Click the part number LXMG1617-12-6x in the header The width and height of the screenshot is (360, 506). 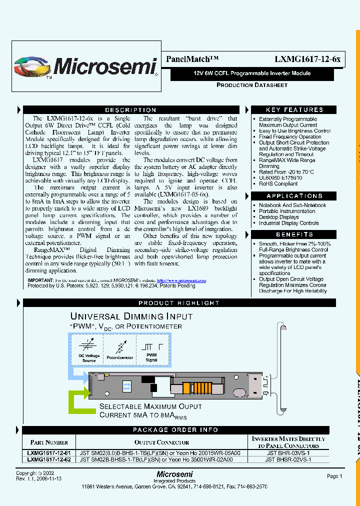[307, 59]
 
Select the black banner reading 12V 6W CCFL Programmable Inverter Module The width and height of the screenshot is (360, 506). [252, 73]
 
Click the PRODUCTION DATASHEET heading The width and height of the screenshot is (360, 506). [252, 85]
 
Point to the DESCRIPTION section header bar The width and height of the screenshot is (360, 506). [130, 110]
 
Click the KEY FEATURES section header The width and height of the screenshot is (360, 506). [294, 110]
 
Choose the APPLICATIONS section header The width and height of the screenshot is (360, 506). [294, 196]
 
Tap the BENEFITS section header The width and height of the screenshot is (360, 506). [294, 234]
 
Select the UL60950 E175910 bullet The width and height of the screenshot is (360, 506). [280, 177]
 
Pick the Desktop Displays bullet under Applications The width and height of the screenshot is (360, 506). [278, 217]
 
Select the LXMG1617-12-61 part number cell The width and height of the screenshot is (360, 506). [49, 451]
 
